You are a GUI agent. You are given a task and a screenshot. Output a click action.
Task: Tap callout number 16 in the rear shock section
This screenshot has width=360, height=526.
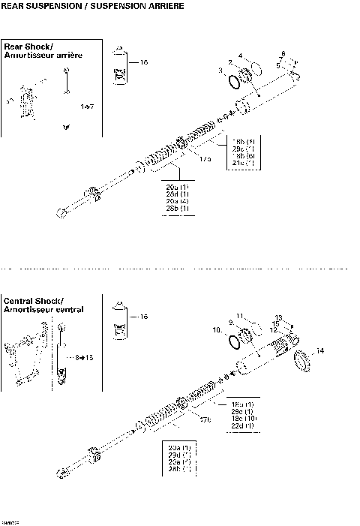(x=144, y=62)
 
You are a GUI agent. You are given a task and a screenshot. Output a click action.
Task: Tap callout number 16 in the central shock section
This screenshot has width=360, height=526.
(x=144, y=317)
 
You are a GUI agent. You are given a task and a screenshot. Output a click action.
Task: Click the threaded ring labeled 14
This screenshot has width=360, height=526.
(x=301, y=361)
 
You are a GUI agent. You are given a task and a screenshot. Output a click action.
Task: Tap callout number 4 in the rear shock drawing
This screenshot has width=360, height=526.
(x=240, y=56)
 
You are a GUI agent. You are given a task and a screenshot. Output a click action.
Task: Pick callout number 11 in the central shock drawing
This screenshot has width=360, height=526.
(x=240, y=315)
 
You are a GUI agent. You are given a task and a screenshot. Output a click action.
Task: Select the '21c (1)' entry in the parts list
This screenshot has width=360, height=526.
(x=243, y=163)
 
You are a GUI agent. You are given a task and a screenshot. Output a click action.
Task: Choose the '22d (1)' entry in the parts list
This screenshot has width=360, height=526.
(x=243, y=426)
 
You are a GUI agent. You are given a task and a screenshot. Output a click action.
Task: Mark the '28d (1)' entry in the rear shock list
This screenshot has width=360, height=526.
(x=178, y=194)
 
